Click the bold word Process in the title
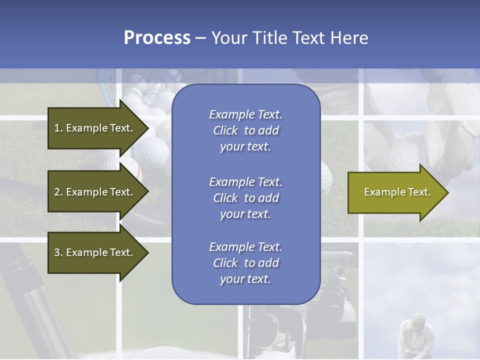click(x=157, y=38)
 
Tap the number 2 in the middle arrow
click(x=57, y=192)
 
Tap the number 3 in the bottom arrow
click(x=57, y=252)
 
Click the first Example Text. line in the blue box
click(x=245, y=114)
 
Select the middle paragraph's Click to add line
click(x=245, y=198)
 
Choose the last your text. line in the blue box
click(x=245, y=279)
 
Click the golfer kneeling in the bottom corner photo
click(x=413, y=335)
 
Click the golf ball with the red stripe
click(x=131, y=170)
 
